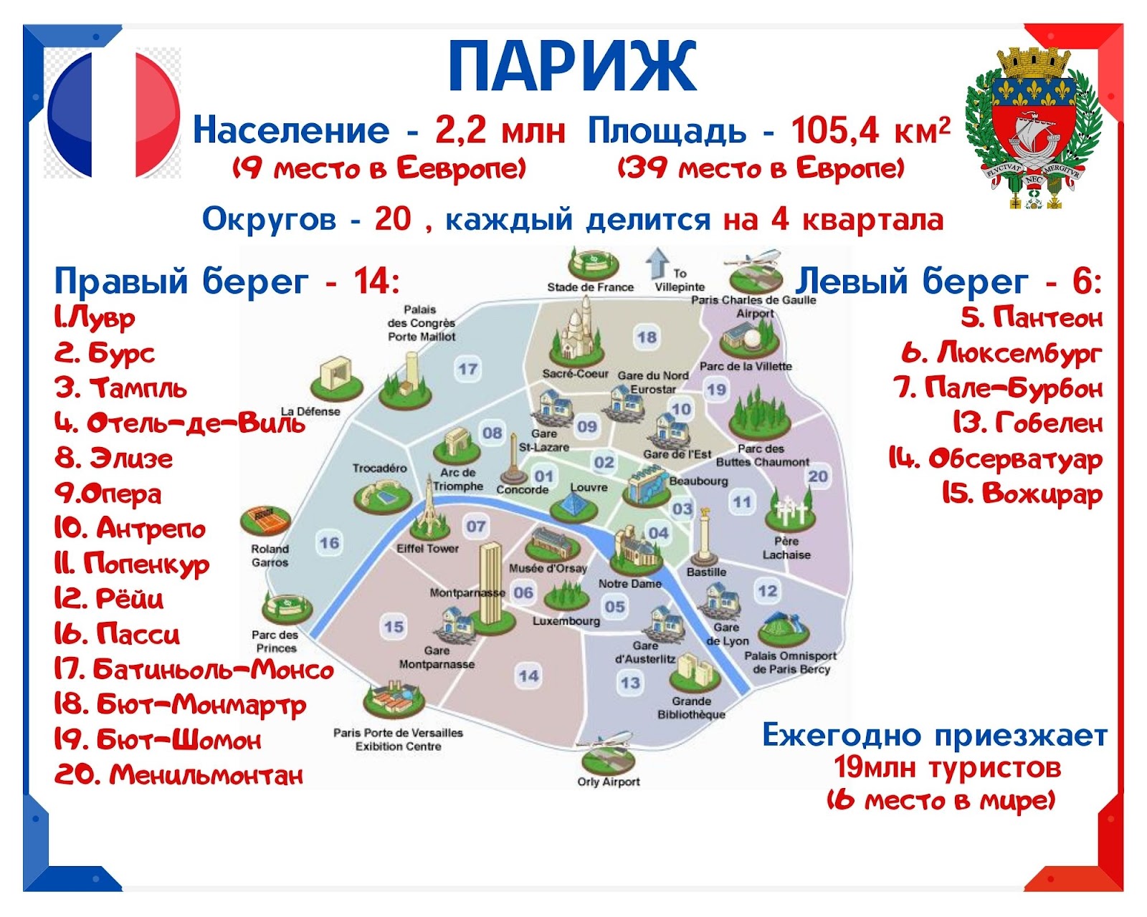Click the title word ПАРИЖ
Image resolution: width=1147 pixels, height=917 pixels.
pos(573,67)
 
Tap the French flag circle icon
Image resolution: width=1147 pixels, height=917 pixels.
pos(113,113)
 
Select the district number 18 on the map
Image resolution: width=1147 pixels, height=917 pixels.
pos(647,337)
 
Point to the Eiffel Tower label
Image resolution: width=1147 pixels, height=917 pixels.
pos(427,548)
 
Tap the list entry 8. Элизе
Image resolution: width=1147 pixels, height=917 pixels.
pos(113,458)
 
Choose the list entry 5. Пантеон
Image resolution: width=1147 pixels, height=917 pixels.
pos(1032,318)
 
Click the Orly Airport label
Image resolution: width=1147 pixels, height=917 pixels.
pos(608,782)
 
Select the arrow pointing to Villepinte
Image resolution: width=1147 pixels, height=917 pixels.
pos(657,263)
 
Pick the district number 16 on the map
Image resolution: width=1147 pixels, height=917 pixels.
pos(329,542)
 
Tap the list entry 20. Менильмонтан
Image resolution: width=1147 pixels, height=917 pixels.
pos(178,775)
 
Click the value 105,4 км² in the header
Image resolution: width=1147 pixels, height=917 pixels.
pos(870,130)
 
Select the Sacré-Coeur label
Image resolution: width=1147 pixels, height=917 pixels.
pos(575,374)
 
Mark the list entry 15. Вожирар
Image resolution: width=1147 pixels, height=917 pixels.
pos(1022,494)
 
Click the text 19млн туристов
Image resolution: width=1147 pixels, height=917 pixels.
pos(946,768)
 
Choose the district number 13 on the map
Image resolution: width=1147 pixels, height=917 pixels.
pos(630,683)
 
